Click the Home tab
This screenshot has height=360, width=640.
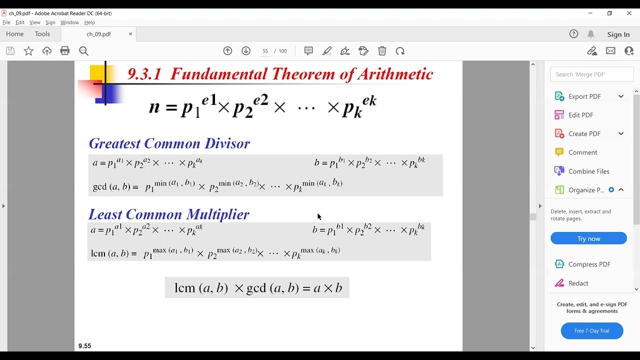tap(15, 34)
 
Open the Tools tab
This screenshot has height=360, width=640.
tap(42, 34)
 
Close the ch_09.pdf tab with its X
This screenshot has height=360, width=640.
tap(130, 34)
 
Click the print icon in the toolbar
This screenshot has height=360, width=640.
tap(65, 51)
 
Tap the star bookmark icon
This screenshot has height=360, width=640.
tap(28, 51)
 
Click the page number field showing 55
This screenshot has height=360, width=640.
tap(265, 51)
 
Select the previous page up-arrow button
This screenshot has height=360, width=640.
tap(227, 51)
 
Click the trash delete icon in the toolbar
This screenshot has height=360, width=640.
tap(382, 51)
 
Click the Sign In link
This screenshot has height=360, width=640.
tap(618, 34)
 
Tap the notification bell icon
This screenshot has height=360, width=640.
tap(590, 34)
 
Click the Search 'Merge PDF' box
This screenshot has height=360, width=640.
tap(591, 74)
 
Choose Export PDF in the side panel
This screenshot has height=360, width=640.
tap(584, 96)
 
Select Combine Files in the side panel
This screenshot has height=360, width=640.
tap(588, 171)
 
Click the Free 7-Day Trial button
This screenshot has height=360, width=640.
tap(591, 331)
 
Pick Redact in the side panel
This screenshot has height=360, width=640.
tap(578, 283)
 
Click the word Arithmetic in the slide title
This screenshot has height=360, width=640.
tap(395, 74)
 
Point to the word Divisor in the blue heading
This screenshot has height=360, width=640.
tap(227, 143)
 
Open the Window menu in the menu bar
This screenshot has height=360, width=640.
tap(69, 22)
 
